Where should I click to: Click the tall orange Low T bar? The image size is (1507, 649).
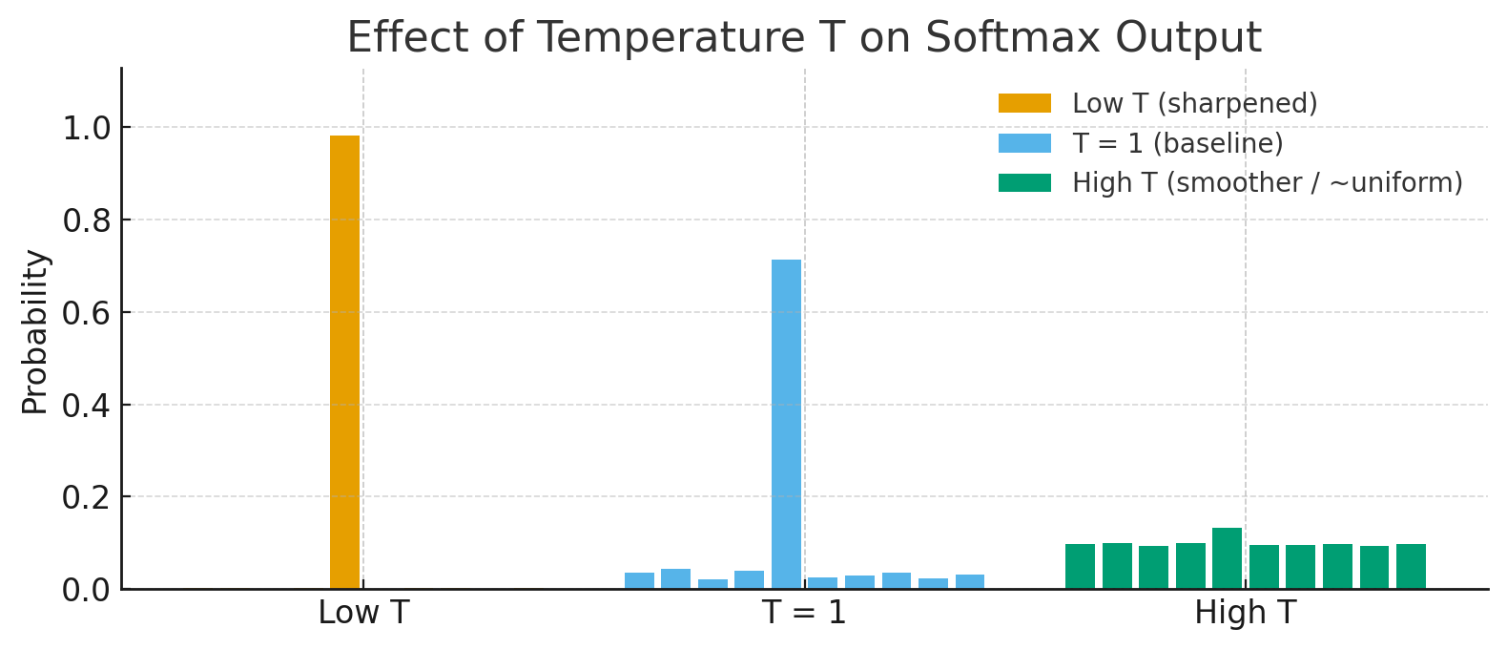coord(344,363)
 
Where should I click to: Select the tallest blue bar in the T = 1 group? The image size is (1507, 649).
coord(786,424)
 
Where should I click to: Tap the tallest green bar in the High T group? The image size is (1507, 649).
coord(1227,558)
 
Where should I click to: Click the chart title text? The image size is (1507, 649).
coord(803,38)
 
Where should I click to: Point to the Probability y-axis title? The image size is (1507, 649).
coord(35,332)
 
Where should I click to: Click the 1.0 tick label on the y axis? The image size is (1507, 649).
coord(86,128)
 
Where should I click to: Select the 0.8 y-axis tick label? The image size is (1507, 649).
coord(86,220)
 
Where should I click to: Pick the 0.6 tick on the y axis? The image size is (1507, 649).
coord(86,313)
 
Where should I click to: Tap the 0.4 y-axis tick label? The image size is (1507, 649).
coord(86,406)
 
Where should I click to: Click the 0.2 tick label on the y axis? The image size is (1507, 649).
coord(86,497)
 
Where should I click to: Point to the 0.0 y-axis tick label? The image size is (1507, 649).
coord(86,590)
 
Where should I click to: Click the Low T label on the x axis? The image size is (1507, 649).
coord(363,613)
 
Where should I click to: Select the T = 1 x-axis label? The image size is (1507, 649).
coord(804,613)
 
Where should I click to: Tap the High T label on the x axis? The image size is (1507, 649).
coord(1245,613)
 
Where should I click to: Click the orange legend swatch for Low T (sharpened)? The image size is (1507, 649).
coord(1024,103)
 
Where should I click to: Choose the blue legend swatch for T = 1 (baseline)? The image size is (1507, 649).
coord(1024,143)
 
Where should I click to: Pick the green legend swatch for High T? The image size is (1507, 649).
coord(1024,183)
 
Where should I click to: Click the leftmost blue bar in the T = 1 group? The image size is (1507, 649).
coord(639,580)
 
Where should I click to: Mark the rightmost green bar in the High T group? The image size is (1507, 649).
coord(1411,566)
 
